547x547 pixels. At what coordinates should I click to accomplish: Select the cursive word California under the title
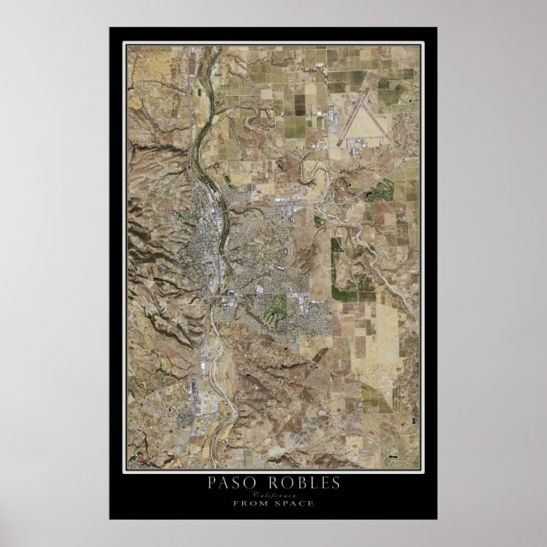[x=274, y=494]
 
